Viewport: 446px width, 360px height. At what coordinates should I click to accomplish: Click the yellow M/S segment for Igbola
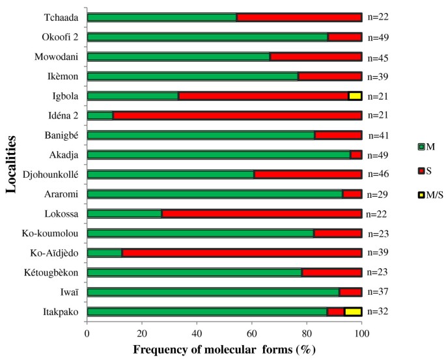point(355,96)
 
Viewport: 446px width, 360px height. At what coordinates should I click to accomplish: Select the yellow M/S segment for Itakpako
point(353,312)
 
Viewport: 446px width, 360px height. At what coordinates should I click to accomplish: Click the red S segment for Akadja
point(356,155)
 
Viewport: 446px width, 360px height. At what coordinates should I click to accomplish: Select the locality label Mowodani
point(57,57)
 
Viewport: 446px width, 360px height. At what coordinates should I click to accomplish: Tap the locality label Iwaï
point(68,292)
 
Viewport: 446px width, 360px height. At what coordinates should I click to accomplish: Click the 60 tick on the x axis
point(252,333)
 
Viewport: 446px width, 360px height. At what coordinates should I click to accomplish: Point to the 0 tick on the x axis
point(87,333)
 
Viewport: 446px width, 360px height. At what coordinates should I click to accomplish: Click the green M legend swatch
point(421,146)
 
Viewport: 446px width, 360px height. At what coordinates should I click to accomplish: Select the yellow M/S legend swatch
point(421,196)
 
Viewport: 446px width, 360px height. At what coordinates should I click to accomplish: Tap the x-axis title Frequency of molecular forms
point(225,349)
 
